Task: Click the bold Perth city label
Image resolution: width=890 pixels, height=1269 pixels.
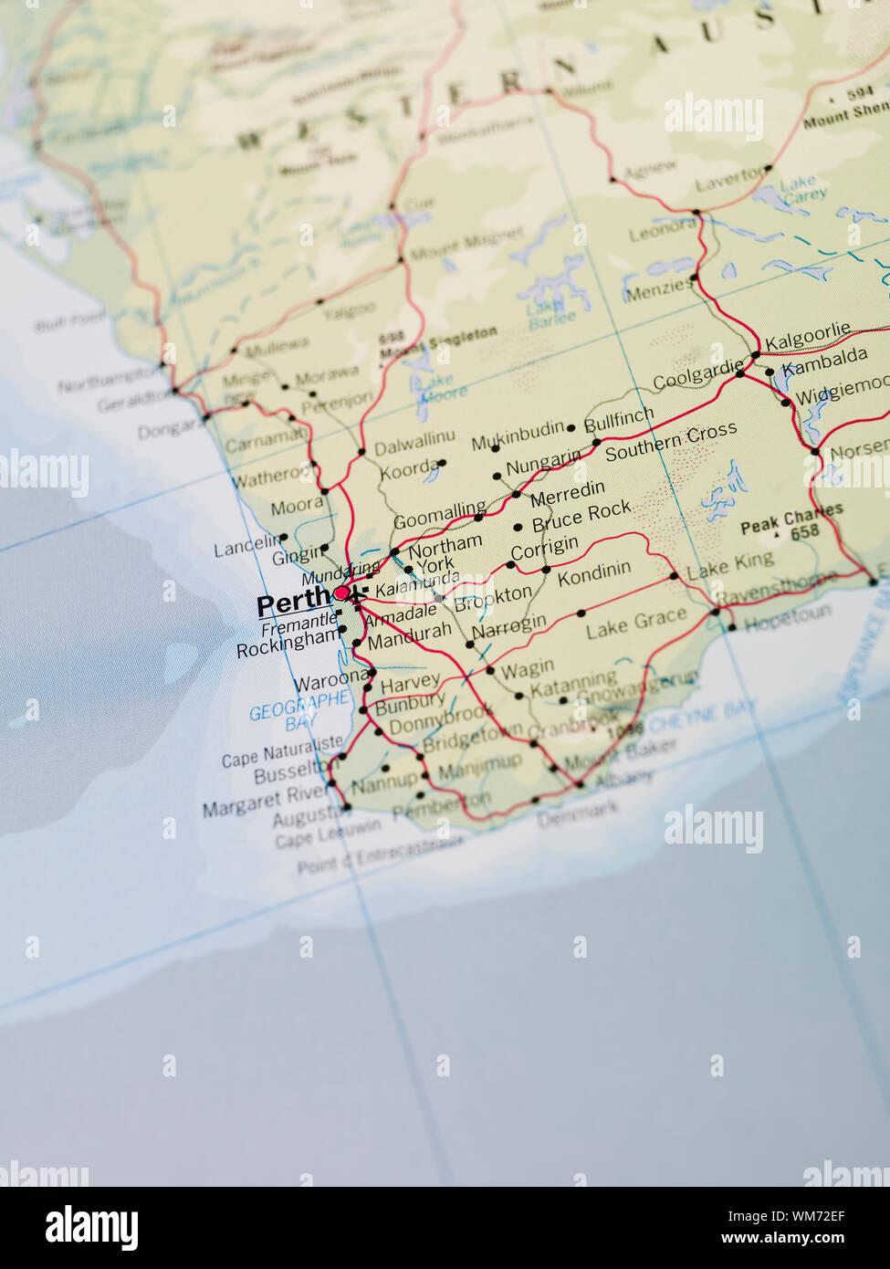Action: coord(294,603)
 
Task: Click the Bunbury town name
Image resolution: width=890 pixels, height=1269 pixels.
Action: coord(410,704)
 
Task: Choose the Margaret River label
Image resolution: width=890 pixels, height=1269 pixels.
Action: coord(265,802)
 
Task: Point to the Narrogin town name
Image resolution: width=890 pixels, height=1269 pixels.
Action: coord(508,627)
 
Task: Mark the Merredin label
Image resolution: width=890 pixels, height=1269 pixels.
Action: coord(567,494)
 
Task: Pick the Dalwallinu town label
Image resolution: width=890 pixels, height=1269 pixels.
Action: coord(414,445)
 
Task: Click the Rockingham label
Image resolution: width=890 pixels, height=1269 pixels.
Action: coord(288,643)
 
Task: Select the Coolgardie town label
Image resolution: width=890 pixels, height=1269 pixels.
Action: coord(698,375)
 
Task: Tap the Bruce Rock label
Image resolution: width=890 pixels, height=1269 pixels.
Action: coord(581,517)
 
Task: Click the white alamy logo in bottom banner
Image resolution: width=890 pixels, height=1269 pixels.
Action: coord(91,1228)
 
